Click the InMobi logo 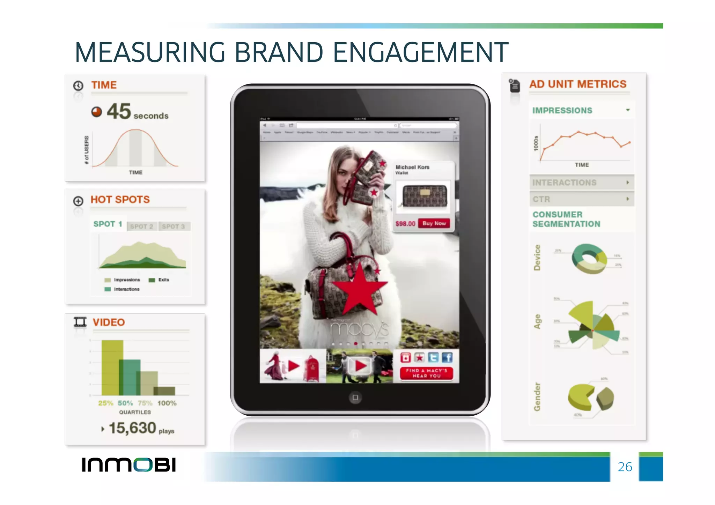point(128,465)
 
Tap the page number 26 point(625,467)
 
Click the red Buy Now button point(434,223)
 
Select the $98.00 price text point(405,224)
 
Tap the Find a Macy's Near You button point(426,373)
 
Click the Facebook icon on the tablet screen point(447,357)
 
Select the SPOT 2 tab point(141,226)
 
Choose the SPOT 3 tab point(173,226)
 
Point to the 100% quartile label point(167,403)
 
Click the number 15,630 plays point(133,428)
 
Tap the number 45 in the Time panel point(119,111)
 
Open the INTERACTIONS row point(581,183)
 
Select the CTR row point(581,199)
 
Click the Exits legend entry point(163,280)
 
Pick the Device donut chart point(589,259)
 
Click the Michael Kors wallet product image point(425,195)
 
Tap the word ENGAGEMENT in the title point(421,52)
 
